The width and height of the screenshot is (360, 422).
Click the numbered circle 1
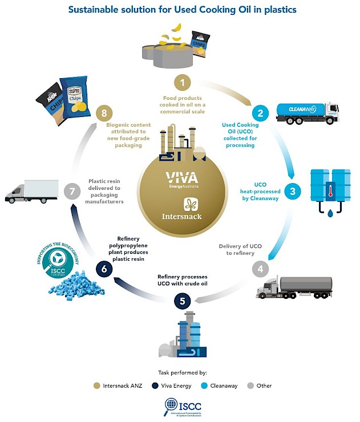coord(183,83)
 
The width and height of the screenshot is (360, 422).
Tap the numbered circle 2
coord(261,113)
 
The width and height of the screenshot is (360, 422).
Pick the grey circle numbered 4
coord(261,267)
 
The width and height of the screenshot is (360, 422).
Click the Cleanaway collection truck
coord(307,112)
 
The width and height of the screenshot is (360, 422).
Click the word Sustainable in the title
coord(96,10)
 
